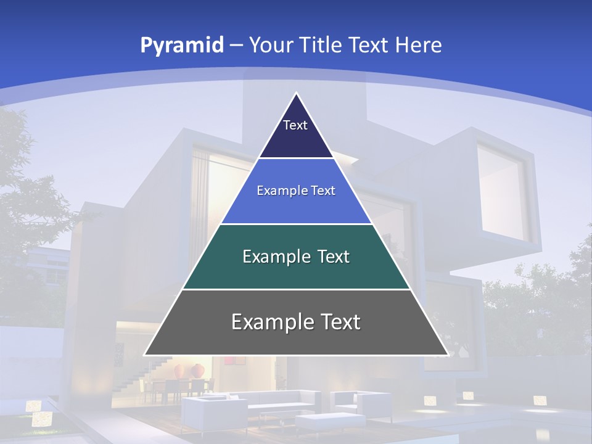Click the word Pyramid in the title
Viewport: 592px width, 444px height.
pos(182,46)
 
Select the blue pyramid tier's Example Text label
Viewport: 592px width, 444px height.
pos(296,191)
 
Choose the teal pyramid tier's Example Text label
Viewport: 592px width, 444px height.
pos(296,257)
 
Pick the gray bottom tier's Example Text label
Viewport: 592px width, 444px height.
pos(296,322)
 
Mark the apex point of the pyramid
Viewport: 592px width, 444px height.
pos(297,94)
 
